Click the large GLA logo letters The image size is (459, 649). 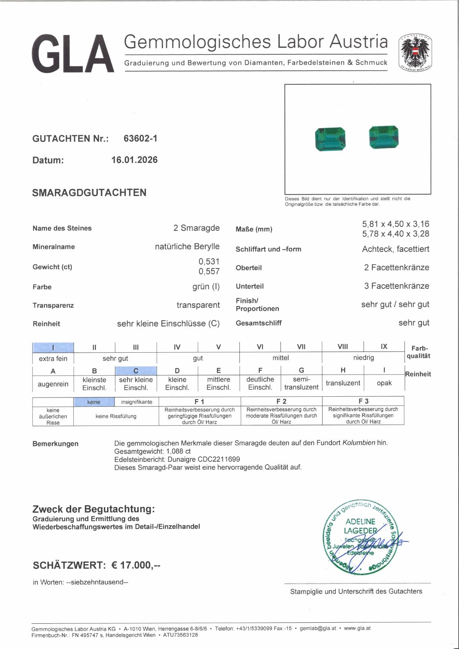point(73,54)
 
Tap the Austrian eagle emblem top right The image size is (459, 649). point(415,53)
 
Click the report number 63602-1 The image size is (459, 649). point(140,139)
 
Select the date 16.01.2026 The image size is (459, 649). point(134,160)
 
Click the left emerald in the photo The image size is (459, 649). point(330,139)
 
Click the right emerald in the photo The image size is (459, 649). point(384,137)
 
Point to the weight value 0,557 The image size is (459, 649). point(209,272)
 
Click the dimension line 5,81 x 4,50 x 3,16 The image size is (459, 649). point(395,224)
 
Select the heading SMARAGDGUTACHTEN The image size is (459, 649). point(89,193)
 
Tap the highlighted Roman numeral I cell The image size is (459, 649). point(53,347)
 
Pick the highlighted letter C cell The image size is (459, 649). point(136,371)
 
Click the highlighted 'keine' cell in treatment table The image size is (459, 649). point(94,402)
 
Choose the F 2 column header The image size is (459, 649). point(281,401)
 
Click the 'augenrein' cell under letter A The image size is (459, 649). point(53,384)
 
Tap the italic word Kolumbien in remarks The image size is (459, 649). point(359,443)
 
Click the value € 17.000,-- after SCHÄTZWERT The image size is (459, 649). point(136,565)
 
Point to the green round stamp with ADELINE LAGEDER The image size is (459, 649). point(360,537)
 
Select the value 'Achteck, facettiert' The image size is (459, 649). point(395,249)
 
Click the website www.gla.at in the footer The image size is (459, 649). point(357,628)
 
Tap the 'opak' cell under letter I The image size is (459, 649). point(384,383)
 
